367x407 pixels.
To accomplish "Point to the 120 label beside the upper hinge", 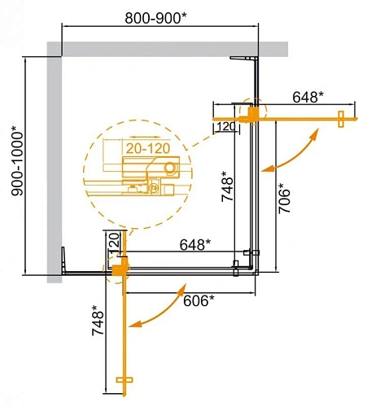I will coord(226,126).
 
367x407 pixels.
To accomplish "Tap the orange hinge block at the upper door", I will coord(255,114).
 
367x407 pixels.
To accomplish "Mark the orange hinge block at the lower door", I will coord(121,266).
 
